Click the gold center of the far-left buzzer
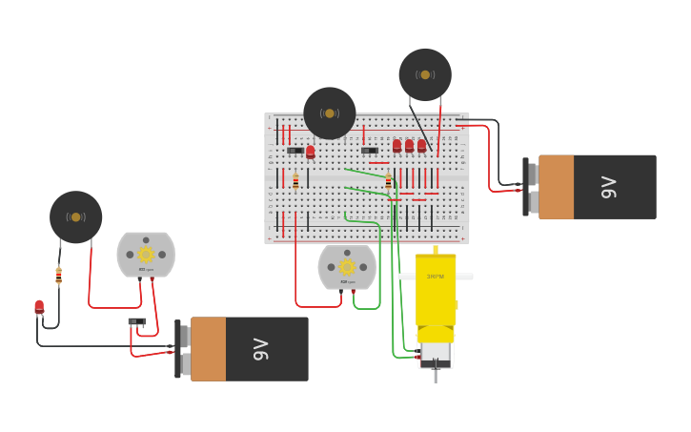(75, 216)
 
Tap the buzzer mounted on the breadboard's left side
(330, 113)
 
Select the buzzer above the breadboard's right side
(425, 74)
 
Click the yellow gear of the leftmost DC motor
(146, 254)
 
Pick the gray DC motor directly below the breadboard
(347, 266)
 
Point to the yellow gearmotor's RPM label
(435, 277)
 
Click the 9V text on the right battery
(608, 187)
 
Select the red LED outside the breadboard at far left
(39, 307)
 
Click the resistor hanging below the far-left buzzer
(59, 276)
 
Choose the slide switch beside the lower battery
(137, 322)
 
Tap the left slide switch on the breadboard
(295, 151)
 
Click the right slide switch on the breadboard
(370, 150)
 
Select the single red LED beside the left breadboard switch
(310, 151)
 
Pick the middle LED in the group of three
(409, 146)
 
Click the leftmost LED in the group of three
(396, 146)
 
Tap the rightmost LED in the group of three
(421, 146)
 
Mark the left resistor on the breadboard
(295, 180)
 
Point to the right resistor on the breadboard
(388, 181)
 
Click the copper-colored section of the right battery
(556, 187)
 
